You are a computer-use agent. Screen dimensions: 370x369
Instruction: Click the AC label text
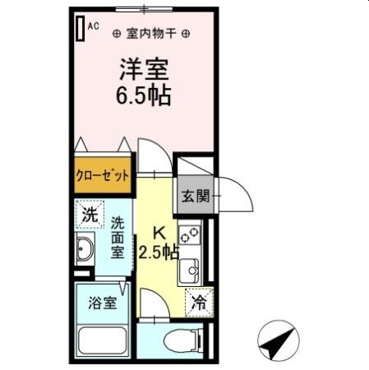pyautogui.click(x=93, y=26)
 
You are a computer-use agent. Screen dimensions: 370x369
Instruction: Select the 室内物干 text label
pyautogui.click(x=150, y=34)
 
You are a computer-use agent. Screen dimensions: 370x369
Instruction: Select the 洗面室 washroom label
pyautogui.click(x=118, y=237)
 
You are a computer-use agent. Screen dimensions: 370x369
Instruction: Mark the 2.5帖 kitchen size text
pyautogui.click(x=159, y=252)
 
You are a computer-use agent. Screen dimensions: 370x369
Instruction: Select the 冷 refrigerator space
pyautogui.click(x=198, y=303)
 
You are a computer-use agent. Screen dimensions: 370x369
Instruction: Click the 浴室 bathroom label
pyautogui.click(x=102, y=302)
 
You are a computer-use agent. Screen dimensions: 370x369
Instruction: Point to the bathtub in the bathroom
pyautogui.click(x=102, y=340)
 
